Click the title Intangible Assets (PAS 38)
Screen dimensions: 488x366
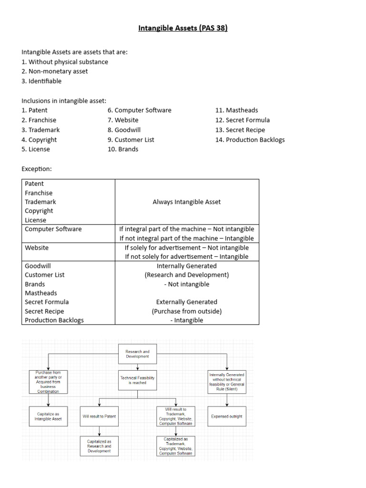pyautogui.click(x=183, y=28)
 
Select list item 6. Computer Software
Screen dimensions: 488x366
pyautogui.click(x=139, y=110)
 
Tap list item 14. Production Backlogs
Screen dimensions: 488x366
pyautogui.click(x=250, y=140)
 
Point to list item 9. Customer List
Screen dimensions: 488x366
pyautogui.click(x=131, y=140)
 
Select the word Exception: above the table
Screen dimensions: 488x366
pyautogui.click(x=37, y=169)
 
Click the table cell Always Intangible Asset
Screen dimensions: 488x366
pyautogui.click(x=186, y=202)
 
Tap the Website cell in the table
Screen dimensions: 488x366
pyautogui.click(x=37, y=248)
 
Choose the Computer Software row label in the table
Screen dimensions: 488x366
pyautogui.click(x=53, y=229)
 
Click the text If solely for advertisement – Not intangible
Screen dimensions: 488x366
pyautogui.click(x=186, y=248)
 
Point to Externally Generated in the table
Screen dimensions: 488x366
pyautogui.click(x=186, y=302)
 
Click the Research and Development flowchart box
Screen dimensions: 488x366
pyautogui.click(x=137, y=354)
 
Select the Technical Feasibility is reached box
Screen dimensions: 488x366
pyautogui.click(x=137, y=380)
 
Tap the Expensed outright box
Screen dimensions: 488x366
pyautogui.click(x=226, y=417)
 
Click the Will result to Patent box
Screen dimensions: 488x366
pyautogui.click(x=99, y=417)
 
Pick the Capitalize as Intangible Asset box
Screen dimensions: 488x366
pyautogui.click(x=48, y=417)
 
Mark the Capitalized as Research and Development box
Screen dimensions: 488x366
pyautogui.click(x=99, y=446)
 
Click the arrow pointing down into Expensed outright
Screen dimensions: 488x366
pyautogui.click(x=226, y=403)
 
